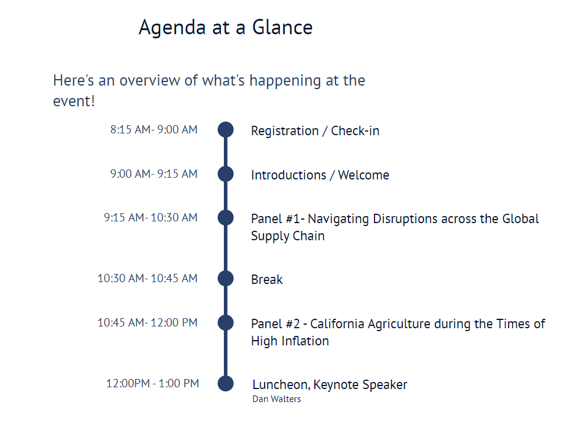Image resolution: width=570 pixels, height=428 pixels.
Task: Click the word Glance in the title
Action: (x=282, y=27)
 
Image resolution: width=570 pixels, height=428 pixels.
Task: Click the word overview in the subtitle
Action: (x=149, y=80)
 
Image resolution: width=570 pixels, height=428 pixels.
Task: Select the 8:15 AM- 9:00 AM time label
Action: (x=154, y=129)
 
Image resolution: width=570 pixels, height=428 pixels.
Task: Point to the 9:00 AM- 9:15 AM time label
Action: (x=154, y=174)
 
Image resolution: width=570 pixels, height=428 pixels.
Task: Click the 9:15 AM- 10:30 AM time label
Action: (x=151, y=217)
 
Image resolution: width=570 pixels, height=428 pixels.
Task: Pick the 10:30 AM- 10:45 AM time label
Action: (x=147, y=278)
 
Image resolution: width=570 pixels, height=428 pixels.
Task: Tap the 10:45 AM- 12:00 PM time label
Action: (x=147, y=322)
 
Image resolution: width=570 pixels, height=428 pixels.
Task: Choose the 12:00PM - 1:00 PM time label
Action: (x=152, y=383)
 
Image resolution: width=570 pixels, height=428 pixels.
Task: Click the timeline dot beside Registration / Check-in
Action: (x=226, y=130)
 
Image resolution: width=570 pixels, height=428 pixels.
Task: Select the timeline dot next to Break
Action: (x=226, y=278)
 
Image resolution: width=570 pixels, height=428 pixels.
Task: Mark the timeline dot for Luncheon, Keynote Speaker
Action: (x=226, y=383)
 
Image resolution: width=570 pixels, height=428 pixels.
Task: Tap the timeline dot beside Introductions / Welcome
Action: (x=226, y=174)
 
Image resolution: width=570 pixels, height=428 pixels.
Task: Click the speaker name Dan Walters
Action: (x=276, y=399)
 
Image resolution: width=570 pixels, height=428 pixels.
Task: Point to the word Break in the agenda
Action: (x=267, y=279)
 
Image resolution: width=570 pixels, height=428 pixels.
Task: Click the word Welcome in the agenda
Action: (x=363, y=175)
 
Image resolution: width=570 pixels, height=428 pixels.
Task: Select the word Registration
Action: (x=285, y=131)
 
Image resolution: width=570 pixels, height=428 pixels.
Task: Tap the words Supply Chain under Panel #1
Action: (x=288, y=236)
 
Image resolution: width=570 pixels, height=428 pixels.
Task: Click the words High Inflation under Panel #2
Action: (x=290, y=341)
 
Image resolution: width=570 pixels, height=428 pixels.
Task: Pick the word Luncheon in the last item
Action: (x=281, y=385)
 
